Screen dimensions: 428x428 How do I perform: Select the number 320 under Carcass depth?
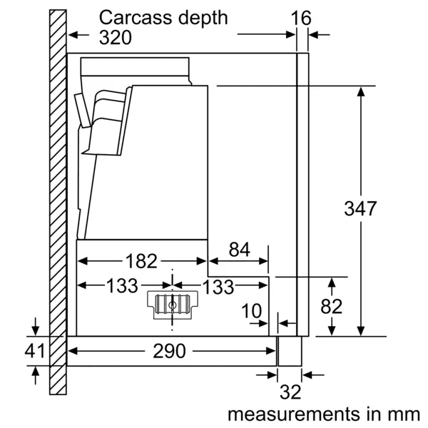click(x=116, y=37)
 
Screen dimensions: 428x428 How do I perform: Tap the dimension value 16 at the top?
click(x=302, y=18)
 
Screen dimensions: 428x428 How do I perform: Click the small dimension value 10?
click(x=251, y=312)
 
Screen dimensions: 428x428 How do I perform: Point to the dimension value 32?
click(x=290, y=392)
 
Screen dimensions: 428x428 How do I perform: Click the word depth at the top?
click(x=203, y=17)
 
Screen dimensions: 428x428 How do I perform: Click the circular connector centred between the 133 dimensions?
click(x=173, y=305)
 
